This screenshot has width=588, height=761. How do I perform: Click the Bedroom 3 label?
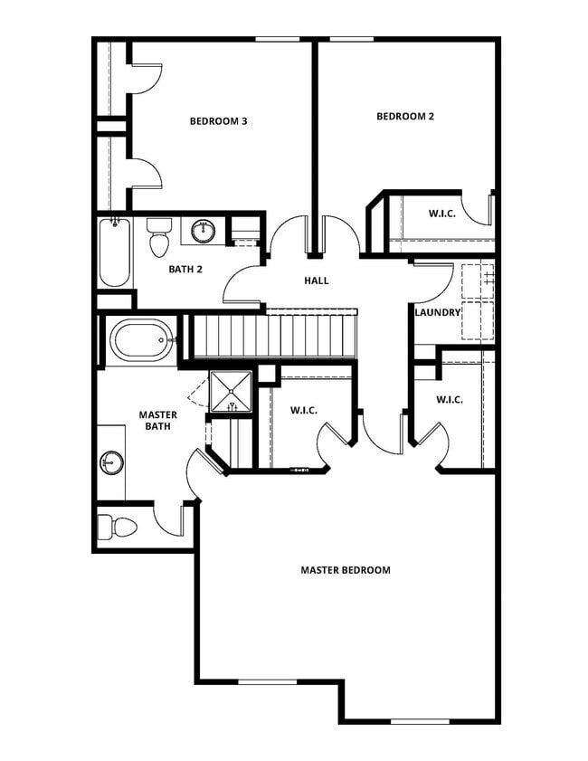(218, 121)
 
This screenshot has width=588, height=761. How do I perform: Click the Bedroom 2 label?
(405, 116)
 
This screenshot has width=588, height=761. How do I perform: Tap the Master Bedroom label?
(346, 570)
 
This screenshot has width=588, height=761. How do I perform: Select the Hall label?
(316, 281)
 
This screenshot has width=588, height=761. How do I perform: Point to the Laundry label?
(438, 313)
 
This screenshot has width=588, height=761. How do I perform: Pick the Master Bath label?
(157, 421)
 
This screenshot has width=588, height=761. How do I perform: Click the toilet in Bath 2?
(159, 239)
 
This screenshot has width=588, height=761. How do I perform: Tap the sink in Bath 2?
(204, 232)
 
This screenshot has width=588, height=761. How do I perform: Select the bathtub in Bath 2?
(114, 252)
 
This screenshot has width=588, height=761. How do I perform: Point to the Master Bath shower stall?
(233, 392)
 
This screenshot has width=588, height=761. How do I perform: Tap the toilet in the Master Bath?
(117, 527)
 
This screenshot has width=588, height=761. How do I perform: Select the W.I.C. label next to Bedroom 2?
(441, 214)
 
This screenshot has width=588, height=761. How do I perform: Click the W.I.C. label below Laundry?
(450, 399)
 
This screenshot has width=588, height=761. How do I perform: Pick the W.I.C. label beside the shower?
(304, 411)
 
